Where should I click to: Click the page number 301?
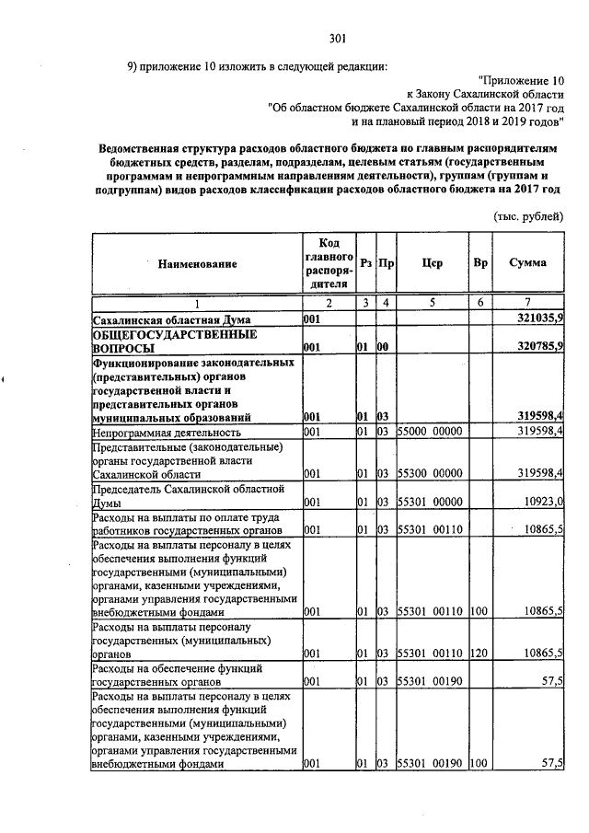337,38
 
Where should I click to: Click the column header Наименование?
197,264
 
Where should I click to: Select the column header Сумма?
527,262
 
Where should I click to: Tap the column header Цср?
432,262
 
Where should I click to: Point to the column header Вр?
479,262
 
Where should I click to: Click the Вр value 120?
478,653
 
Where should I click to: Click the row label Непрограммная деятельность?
167,432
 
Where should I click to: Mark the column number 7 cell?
527,303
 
